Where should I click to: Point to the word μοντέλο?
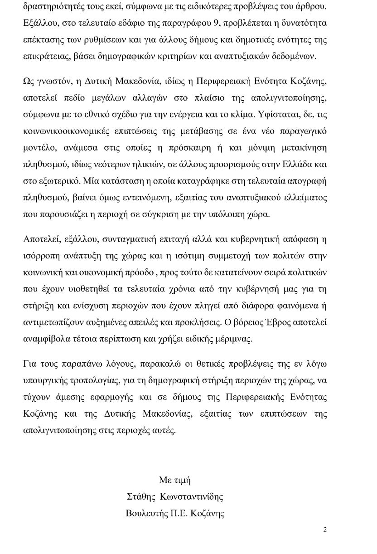point(37,148)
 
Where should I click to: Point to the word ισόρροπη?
point(40,256)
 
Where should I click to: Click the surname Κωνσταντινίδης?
point(192,497)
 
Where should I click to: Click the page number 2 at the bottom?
point(325,530)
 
